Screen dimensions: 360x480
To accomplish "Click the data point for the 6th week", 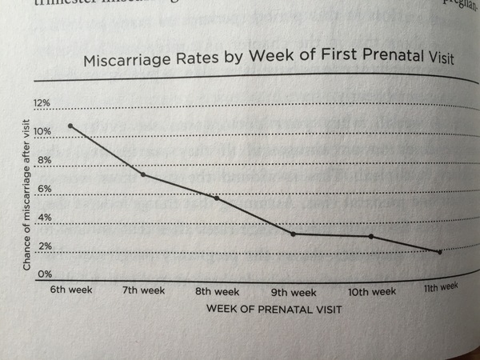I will pos(71,126).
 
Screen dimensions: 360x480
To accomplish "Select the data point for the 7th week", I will pos(142,174).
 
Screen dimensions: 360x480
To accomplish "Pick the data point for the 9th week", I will pos(293,234).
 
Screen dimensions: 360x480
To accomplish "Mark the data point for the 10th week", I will pos(371,236).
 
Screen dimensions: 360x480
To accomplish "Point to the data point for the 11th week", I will pos(439,251).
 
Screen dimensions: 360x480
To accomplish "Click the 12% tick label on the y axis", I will pos(42,103).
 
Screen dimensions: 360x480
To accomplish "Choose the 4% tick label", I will pos(43,218).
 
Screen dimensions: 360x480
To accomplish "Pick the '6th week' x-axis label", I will pos(69,290).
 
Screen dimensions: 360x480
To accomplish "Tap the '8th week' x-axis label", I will pos(217,292).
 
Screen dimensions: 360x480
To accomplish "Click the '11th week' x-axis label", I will pos(440,286).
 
